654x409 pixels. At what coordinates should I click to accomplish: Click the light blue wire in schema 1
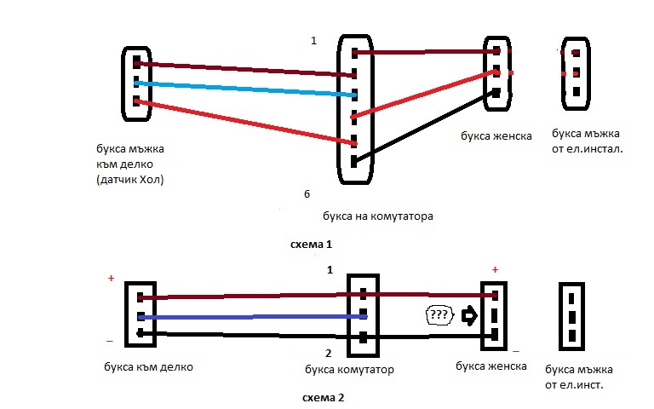pos(247,89)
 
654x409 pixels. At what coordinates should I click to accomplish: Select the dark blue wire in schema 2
pos(247,316)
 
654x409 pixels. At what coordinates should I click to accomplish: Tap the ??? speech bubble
pos(438,314)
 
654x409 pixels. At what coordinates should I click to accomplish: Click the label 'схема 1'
pos(311,245)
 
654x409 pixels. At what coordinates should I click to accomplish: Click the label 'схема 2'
pos(323,397)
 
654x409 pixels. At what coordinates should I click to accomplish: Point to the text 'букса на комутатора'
pos(379,216)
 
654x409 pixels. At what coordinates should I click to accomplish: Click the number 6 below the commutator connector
pos(307,194)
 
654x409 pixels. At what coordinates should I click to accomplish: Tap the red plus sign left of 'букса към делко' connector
pos(110,279)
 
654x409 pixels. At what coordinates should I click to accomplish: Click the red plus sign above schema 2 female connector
pos(494,269)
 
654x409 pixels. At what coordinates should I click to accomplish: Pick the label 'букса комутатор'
pos(349,371)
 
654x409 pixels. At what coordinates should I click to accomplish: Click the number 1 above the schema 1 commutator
pos(314,40)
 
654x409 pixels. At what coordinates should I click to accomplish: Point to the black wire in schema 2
pos(247,336)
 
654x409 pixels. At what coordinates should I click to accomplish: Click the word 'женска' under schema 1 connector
pos(513,135)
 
